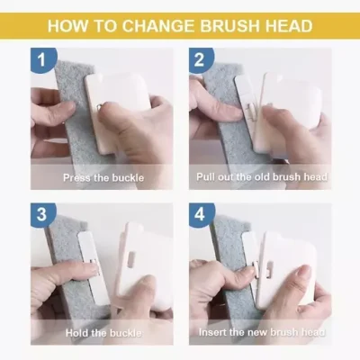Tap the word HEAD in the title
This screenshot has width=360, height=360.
[x=289, y=25]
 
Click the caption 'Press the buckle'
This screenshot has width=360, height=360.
[x=100, y=177]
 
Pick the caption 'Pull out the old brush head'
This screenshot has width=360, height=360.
[x=261, y=177]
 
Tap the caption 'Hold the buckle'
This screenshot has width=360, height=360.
[x=100, y=333]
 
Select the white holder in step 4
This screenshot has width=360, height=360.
[x=288, y=265]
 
